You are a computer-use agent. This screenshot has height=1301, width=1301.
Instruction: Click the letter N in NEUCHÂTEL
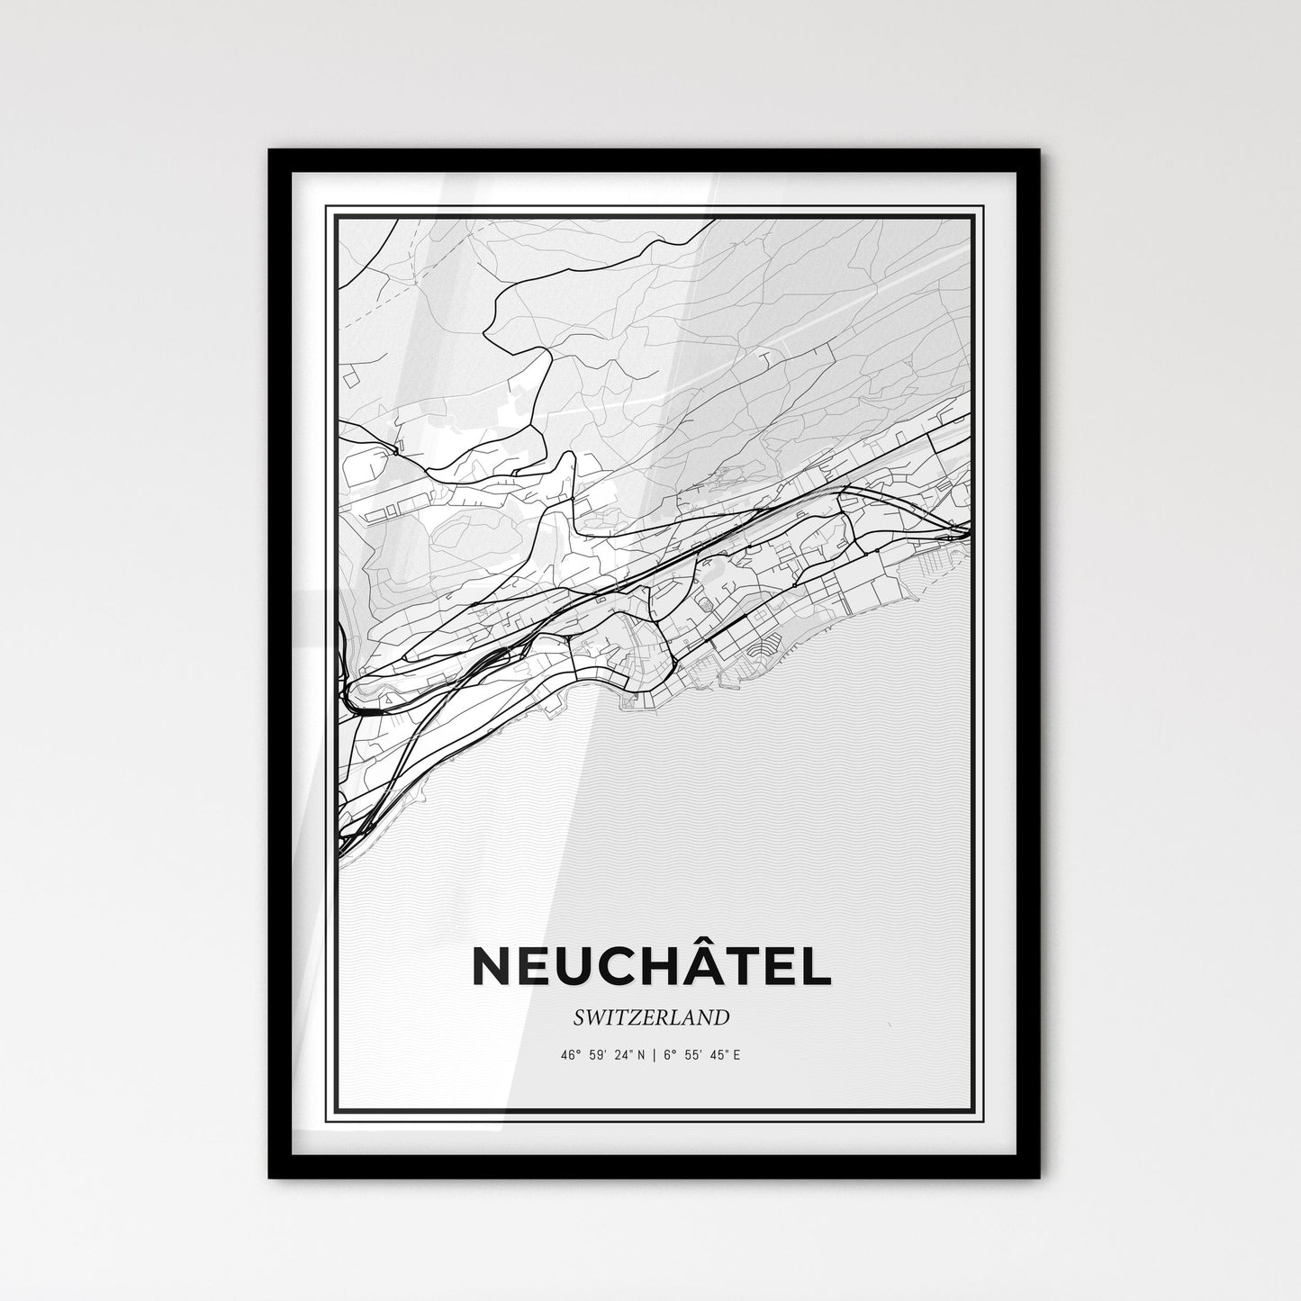tap(492, 967)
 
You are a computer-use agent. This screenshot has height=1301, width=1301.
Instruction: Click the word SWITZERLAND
tap(650, 1017)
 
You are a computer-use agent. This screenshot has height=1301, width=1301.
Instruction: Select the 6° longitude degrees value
tap(668, 1053)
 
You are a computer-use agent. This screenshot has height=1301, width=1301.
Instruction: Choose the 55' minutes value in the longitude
tap(690, 1053)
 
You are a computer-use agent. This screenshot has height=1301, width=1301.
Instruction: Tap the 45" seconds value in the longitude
tap(715, 1053)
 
